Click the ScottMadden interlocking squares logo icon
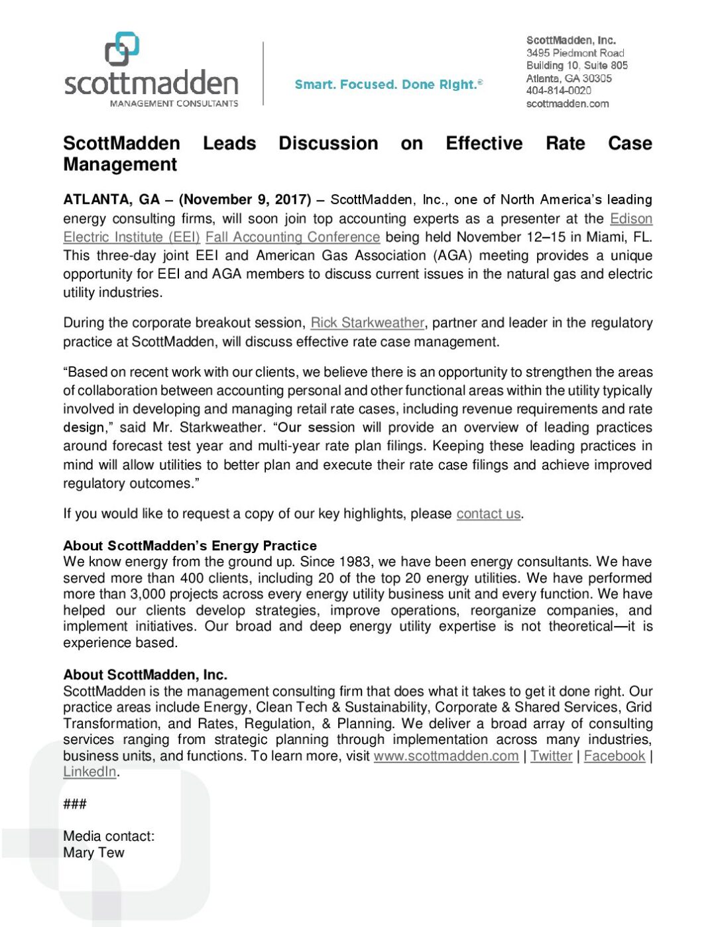122,48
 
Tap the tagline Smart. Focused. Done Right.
388,84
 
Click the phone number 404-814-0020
558,91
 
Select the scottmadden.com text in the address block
567,103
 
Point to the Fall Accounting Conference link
292,237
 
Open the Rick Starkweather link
367,323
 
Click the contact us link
488,514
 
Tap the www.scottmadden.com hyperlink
446,756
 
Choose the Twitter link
551,756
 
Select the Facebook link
614,756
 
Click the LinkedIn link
89,772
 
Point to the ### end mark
75,804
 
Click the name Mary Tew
93,853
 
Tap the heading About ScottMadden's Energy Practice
190,546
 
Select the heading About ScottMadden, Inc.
145,674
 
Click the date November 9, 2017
245,200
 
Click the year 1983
355,562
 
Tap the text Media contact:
109,836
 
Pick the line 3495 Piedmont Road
575,52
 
